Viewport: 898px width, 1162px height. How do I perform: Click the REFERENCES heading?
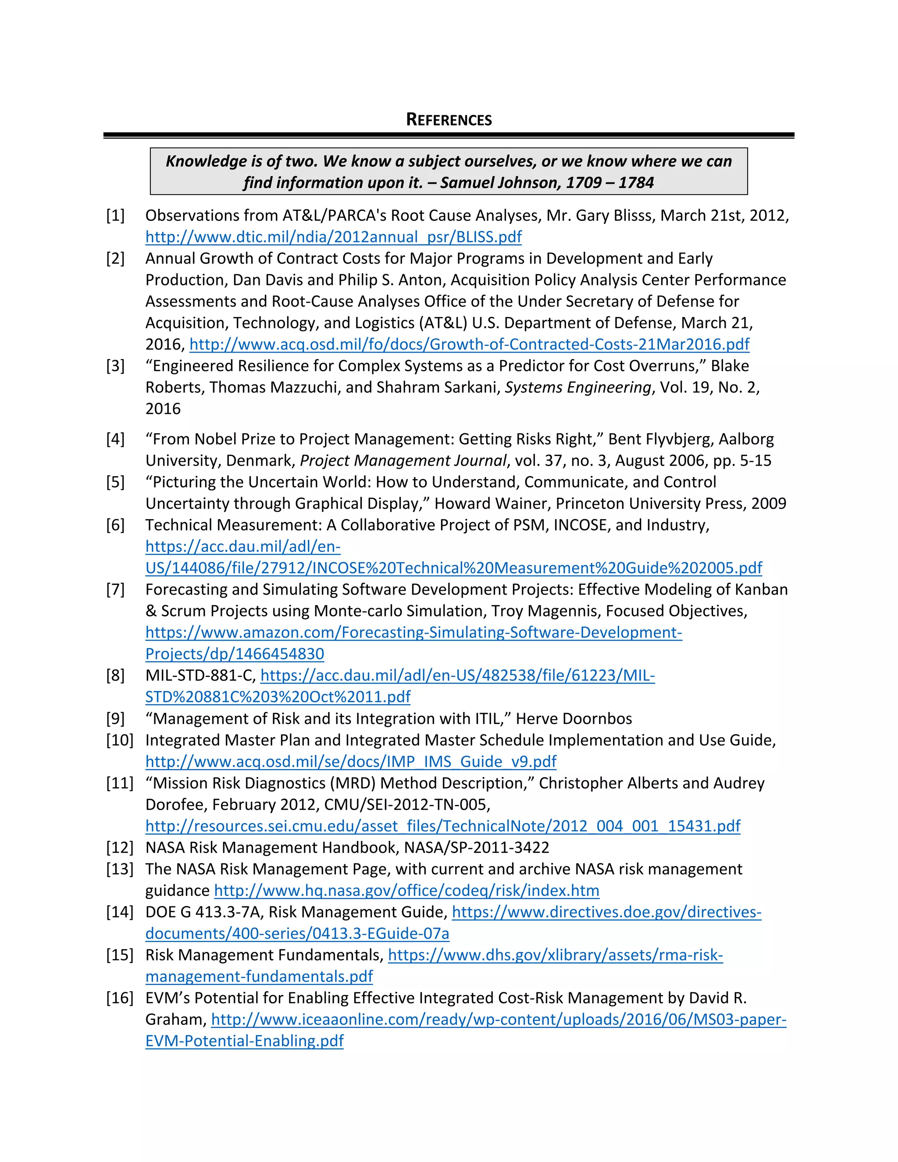coord(449,120)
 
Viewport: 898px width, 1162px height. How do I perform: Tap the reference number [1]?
coord(115,215)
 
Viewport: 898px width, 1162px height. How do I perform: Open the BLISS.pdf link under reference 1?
coord(334,237)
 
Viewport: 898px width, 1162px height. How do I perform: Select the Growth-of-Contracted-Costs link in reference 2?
coord(469,344)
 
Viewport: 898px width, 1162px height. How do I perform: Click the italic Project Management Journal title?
coord(404,460)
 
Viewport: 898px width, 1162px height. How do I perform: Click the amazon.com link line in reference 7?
coord(413,633)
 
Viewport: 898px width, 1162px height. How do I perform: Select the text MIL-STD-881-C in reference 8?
coord(200,676)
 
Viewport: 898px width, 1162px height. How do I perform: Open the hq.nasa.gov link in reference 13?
coord(406,891)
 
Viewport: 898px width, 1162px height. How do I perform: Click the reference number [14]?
coord(119,912)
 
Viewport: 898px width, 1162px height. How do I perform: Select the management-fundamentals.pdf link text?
coord(259,977)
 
